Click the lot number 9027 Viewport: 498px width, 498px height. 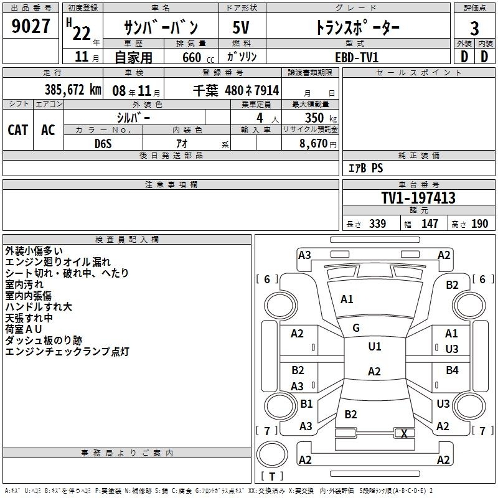pyautogui.click(x=31, y=26)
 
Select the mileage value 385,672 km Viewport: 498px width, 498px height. pyautogui.click(x=73, y=90)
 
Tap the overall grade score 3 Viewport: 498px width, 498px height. pyautogui.click(x=474, y=29)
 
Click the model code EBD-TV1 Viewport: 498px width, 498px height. pyautogui.click(x=357, y=57)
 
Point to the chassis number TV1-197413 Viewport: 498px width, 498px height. pyautogui.click(x=418, y=198)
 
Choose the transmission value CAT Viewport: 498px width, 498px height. pyautogui.click(x=18, y=130)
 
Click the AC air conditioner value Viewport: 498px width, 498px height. pyautogui.click(x=48, y=130)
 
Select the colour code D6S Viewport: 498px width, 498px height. pyautogui.click(x=103, y=144)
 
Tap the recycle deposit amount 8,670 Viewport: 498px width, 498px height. pyautogui.click(x=313, y=144)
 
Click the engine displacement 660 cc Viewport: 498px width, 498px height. pyautogui.click(x=198, y=57)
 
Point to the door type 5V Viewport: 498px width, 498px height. pyautogui.click(x=241, y=27)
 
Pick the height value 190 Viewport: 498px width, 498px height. pyautogui.click(x=479, y=223)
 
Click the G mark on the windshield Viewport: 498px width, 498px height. pyautogui.click(x=356, y=328)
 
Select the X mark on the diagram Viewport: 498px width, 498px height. pyautogui.click(x=404, y=433)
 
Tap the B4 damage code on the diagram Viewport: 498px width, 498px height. pyautogui.click(x=452, y=370)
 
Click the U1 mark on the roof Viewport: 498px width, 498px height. pyautogui.click(x=375, y=347)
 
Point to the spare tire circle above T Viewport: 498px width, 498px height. pyautogui.click(x=272, y=454)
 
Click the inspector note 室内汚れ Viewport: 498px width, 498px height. pyautogui.click(x=24, y=284)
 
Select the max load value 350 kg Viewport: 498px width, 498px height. pyautogui.click(x=321, y=118)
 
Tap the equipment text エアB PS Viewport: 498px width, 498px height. pyautogui.click(x=365, y=168)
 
